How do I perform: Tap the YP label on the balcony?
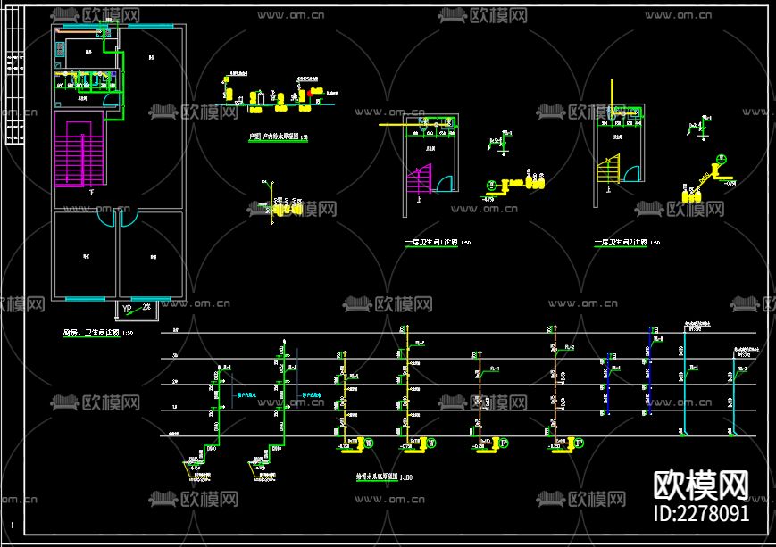tap(127, 309)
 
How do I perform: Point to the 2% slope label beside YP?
tap(146, 308)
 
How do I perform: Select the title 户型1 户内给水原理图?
tap(273, 137)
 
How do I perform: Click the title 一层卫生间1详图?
tap(432, 242)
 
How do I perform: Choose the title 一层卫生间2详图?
tap(621, 242)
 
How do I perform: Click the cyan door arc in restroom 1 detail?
tap(444, 183)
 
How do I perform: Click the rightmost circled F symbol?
tap(578, 442)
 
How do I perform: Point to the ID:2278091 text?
tap(702, 514)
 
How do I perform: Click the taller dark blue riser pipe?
tap(649, 370)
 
